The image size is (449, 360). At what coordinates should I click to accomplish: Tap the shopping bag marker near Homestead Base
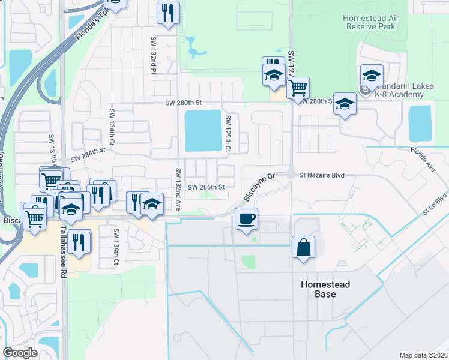[303, 247]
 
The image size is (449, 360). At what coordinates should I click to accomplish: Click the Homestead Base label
[324, 289]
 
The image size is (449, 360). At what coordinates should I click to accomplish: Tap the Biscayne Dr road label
[259, 187]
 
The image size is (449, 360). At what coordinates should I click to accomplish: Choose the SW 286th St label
[206, 187]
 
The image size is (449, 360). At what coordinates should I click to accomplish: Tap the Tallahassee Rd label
[62, 252]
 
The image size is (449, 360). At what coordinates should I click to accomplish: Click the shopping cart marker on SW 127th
[298, 88]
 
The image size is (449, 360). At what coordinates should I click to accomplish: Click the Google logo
[20, 353]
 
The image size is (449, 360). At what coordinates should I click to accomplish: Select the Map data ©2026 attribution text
[423, 355]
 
